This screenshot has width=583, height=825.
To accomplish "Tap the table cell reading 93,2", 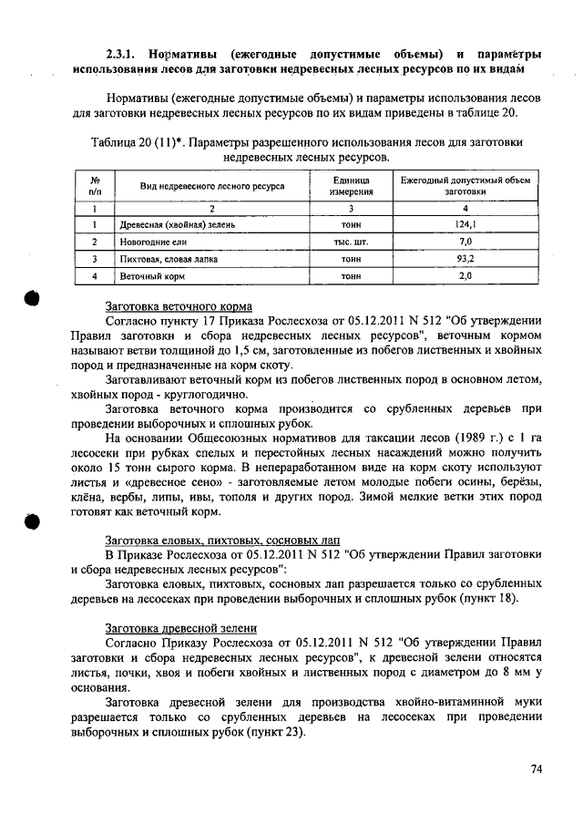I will point(465,258).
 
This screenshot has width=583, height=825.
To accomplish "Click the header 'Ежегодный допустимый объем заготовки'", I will point(465,186).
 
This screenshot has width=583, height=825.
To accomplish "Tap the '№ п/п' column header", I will point(95,186).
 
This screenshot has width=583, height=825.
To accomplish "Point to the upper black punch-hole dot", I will point(29,302).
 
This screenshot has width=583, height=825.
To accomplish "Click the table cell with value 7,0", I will point(465,242).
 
